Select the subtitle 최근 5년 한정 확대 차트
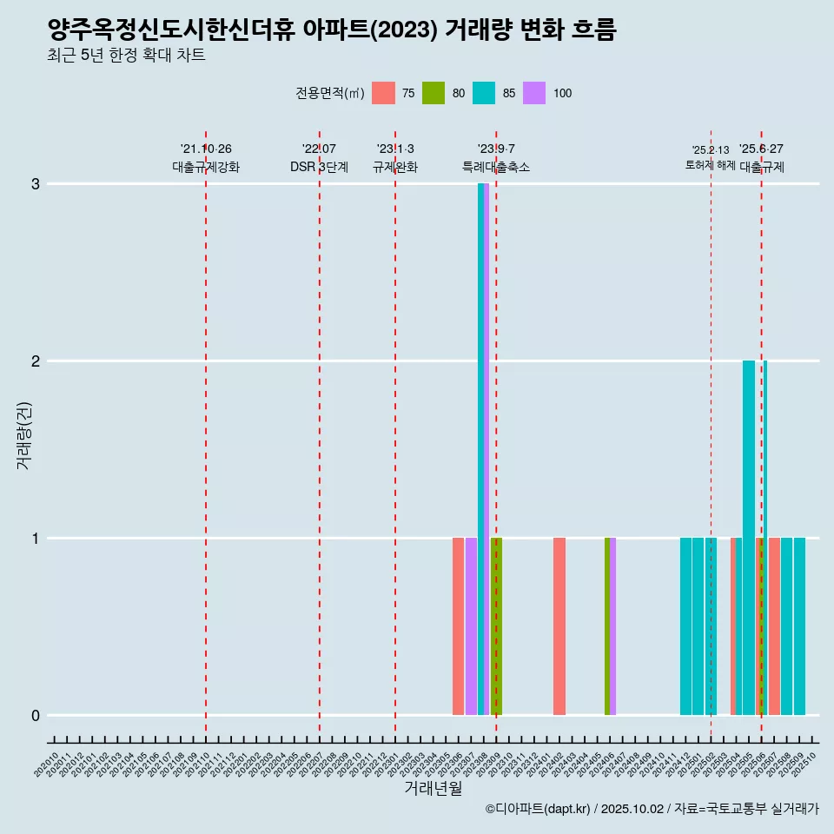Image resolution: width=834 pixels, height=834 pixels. (127, 56)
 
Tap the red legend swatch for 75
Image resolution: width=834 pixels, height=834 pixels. (383, 93)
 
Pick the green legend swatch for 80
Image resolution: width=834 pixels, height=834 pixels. (434, 93)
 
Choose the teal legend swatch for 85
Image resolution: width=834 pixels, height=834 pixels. (484, 93)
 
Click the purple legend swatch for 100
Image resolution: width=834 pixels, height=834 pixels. (534, 93)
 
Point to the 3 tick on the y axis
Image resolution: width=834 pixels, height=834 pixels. (36, 184)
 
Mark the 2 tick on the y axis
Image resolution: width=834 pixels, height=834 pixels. (36, 361)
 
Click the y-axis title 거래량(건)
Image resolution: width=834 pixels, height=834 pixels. (24, 435)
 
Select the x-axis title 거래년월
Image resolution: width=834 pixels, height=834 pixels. (433, 788)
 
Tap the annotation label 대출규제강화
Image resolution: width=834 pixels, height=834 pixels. (206, 168)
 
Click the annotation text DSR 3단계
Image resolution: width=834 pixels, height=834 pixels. (320, 168)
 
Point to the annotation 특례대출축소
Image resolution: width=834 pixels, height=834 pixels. (496, 168)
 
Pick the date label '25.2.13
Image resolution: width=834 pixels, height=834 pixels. (711, 150)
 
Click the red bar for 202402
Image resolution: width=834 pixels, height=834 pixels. (559, 626)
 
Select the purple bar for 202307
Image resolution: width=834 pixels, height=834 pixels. (471, 626)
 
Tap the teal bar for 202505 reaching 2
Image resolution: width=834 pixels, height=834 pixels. (749, 538)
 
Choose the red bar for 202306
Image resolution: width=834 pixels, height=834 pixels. (458, 626)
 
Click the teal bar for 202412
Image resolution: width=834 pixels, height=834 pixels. (685, 626)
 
